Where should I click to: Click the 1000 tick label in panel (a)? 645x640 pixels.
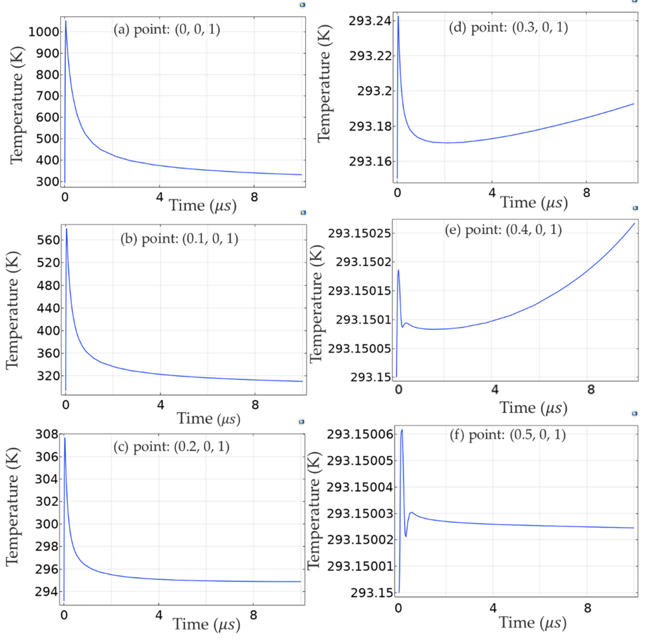(43, 32)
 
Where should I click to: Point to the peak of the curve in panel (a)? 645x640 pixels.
(66, 21)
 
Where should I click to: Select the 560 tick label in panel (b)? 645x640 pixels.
(48, 240)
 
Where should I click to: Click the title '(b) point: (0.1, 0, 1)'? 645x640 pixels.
(179, 239)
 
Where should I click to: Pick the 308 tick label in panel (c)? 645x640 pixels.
(46, 435)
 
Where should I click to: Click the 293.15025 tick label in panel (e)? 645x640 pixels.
(359, 233)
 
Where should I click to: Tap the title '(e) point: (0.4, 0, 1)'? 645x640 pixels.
(503, 230)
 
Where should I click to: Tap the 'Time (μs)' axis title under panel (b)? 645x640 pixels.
(208, 418)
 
